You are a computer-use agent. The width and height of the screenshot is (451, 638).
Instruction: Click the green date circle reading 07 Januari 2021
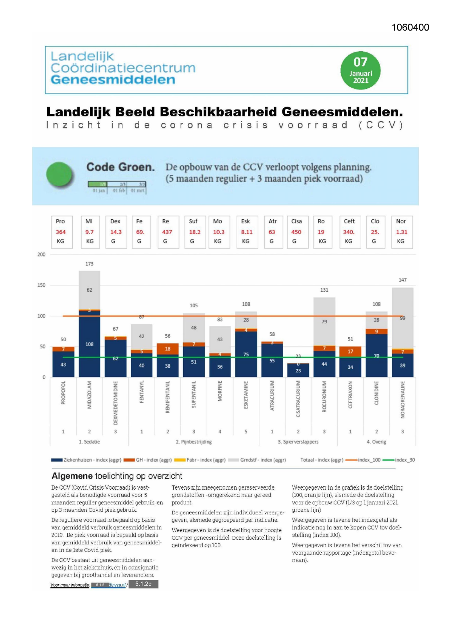click(360, 71)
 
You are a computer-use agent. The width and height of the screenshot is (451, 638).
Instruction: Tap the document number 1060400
click(410, 28)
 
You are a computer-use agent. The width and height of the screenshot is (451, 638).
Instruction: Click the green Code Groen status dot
click(60, 175)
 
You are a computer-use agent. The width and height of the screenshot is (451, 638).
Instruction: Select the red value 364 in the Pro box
click(61, 232)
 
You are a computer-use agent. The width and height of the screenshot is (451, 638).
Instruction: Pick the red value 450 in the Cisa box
click(296, 232)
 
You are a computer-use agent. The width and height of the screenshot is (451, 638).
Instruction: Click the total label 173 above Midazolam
click(89, 264)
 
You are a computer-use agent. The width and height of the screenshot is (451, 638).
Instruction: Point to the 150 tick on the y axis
click(41, 285)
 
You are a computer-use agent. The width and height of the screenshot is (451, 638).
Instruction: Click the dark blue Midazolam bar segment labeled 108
click(89, 344)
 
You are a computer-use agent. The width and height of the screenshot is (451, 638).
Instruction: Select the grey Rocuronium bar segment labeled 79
click(324, 322)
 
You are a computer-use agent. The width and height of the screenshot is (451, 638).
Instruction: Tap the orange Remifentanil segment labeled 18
click(168, 348)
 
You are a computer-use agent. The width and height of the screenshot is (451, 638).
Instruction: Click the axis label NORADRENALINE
click(403, 400)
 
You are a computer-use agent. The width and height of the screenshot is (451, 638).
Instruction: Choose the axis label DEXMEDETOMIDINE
click(116, 403)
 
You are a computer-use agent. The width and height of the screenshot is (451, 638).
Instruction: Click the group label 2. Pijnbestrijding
click(194, 442)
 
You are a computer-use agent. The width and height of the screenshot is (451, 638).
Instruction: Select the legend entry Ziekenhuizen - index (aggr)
click(92, 460)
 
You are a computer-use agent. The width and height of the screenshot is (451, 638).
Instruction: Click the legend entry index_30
click(404, 460)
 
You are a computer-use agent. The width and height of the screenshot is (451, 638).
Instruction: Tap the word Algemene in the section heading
click(72, 476)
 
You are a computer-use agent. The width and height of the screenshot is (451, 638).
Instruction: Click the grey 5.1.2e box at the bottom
click(144, 584)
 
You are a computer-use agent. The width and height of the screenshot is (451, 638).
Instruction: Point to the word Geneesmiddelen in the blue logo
click(113, 80)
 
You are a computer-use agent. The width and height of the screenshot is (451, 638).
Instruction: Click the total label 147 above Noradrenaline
click(402, 280)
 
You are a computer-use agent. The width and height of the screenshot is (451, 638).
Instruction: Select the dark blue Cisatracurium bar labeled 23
click(298, 371)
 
